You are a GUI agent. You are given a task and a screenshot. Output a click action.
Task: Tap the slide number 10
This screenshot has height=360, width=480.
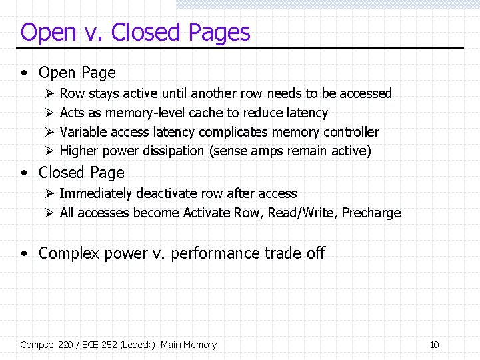[x=434, y=345]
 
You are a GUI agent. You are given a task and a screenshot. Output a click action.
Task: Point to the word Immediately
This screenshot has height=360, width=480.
[x=96, y=194]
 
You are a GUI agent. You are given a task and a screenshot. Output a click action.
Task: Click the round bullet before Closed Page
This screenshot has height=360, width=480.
[x=25, y=173]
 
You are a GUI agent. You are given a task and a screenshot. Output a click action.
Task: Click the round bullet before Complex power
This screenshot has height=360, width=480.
[x=25, y=254]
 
